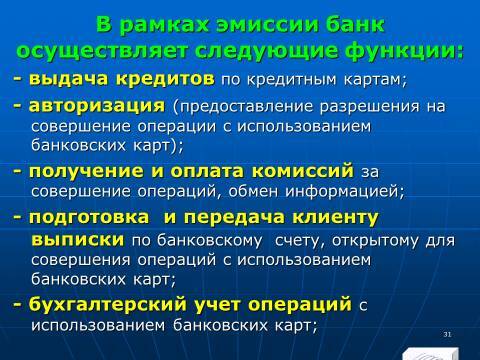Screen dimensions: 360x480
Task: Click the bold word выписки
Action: (76, 240)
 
